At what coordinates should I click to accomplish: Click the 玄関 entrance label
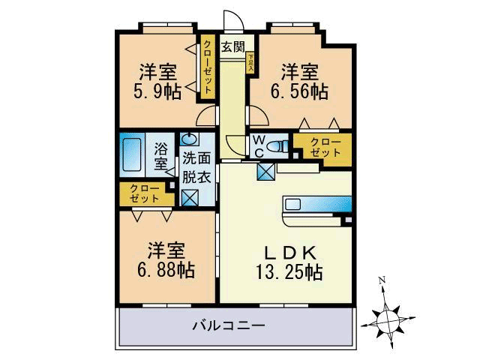(x=232, y=46)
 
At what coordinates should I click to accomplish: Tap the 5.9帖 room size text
(x=157, y=92)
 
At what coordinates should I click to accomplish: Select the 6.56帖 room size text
(x=299, y=91)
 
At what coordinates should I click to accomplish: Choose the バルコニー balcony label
(x=228, y=326)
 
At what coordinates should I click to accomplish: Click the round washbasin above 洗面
(x=188, y=140)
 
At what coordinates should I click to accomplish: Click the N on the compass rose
(x=382, y=282)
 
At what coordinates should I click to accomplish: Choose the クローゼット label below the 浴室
(x=144, y=193)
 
